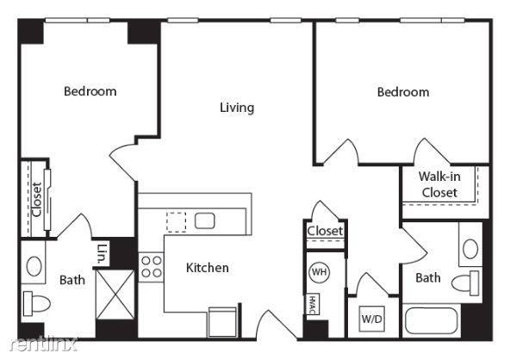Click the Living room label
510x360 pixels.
click(237, 108)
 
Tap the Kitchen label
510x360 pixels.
click(207, 268)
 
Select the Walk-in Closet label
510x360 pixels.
click(439, 184)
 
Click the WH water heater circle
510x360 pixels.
click(319, 272)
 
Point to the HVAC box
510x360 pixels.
click(313, 304)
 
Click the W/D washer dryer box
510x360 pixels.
click(372, 319)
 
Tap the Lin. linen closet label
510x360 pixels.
click(103, 253)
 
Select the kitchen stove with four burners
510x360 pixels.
click(152, 267)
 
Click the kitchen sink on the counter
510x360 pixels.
click(204, 220)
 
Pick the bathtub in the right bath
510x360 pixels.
click(432, 320)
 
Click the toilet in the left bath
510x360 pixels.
click(36, 303)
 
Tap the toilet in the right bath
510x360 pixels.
click(465, 283)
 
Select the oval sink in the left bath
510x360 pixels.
click(34, 266)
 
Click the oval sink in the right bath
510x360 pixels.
click(470, 249)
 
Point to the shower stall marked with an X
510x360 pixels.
click(115, 295)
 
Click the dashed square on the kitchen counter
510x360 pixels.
click(177, 222)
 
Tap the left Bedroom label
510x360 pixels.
click(90, 91)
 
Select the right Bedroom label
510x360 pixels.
click(403, 92)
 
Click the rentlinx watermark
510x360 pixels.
click(43, 344)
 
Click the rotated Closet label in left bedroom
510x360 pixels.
click(36, 200)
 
